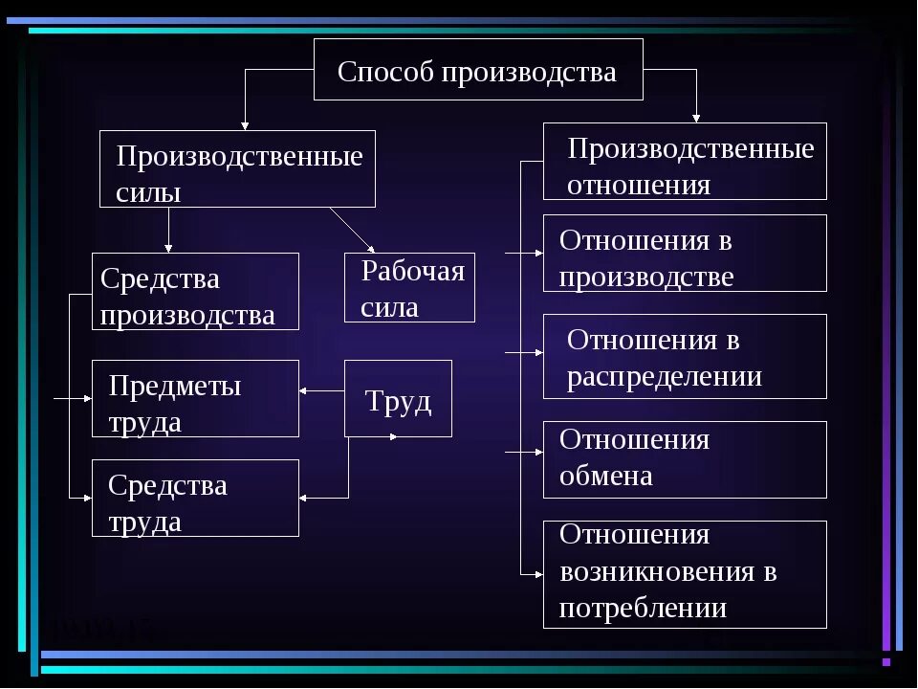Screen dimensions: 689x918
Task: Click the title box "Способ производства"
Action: [x=478, y=70]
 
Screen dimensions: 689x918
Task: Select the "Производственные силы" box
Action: [x=237, y=168]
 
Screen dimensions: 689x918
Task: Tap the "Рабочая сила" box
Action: [x=409, y=287]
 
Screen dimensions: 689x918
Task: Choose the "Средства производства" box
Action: [x=195, y=291]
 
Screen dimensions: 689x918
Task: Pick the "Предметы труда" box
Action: [x=195, y=398]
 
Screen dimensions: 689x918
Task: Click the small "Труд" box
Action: [x=398, y=398]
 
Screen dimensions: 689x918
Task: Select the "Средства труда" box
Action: [x=195, y=498]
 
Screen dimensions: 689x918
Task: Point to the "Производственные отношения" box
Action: [x=685, y=161]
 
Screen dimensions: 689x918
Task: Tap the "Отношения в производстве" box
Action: [x=685, y=253]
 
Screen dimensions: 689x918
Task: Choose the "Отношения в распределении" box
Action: [x=685, y=356]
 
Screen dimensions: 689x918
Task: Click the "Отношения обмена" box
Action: [x=685, y=459]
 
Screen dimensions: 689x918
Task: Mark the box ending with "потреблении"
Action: [x=685, y=574]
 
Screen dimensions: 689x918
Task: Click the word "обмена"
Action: [x=606, y=476]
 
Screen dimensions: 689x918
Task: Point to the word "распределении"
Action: [x=665, y=377]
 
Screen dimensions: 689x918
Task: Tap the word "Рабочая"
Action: [x=413, y=272]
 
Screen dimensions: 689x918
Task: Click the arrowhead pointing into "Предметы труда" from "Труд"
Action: [x=304, y=390]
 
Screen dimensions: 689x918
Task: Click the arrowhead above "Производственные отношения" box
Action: [x=696, y=117]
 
